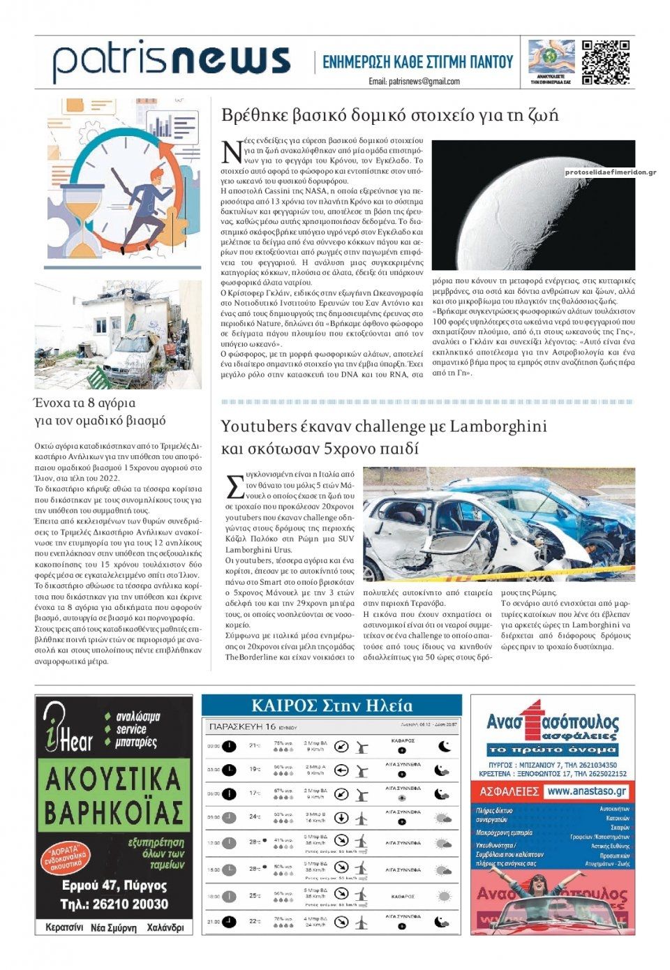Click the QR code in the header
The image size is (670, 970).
pyautogui.click(x=605, y=63)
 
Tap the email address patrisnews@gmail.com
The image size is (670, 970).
pyautogui.click(x=415, y=82)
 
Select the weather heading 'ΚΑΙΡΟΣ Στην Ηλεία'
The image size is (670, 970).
pyautogui.click(x=332, y=706)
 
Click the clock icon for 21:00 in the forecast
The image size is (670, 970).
pyautogui.click(x=229, y=922)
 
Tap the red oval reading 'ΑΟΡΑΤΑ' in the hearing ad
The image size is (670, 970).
pyautogui.click(x=68, y=858)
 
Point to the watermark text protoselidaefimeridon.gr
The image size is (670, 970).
pyautogui.click(x=610, y=172)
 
